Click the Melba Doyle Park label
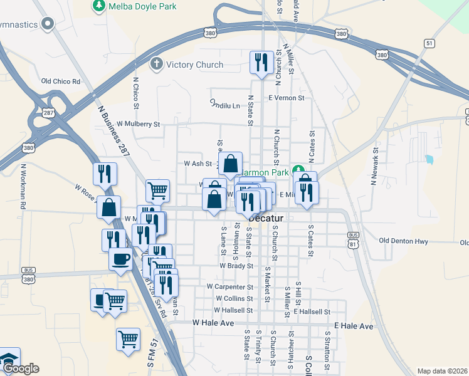(144, 6)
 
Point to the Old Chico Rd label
(61, 81)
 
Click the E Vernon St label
(287, 98)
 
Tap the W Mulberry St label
(139, 124)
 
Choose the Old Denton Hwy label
(403, 241)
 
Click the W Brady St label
(236, 266)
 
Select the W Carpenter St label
(229, 286)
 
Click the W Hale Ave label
(213, 323)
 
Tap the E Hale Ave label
(354, 326)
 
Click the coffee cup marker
(120, 258)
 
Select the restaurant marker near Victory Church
(261, 63)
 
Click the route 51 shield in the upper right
(429, 43)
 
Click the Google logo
(20, 369)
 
